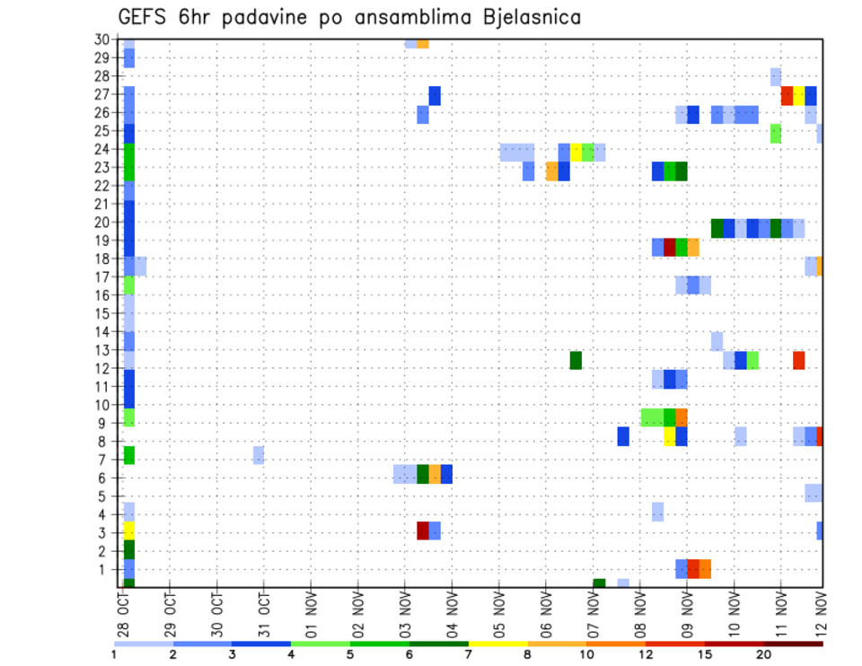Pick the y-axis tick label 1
pyautogui.click(x=105, y=569)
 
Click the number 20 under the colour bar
pyautogui.click(x=764, y=654)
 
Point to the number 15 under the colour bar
pyautogui.click(x=705, y=654)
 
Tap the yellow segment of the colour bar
pyautogui.click(x=497, y=643)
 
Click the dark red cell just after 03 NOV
pyautogui.click(x=423, y=530)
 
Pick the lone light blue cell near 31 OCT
pyautogui.click(x=259, y=455)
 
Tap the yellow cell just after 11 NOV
pyautogui.click(x=799, y=96)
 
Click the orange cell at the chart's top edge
pyautogui.click(x=423, y=43)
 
